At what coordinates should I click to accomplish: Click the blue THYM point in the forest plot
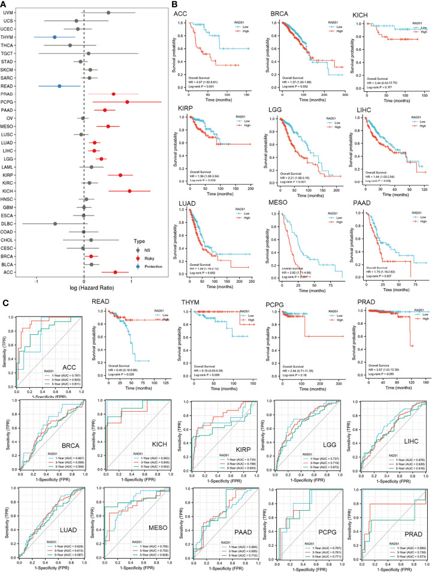pyautogui.click(x=54, y=37)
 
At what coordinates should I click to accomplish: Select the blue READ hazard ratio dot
pyautogui.click(x=59, y=86)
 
